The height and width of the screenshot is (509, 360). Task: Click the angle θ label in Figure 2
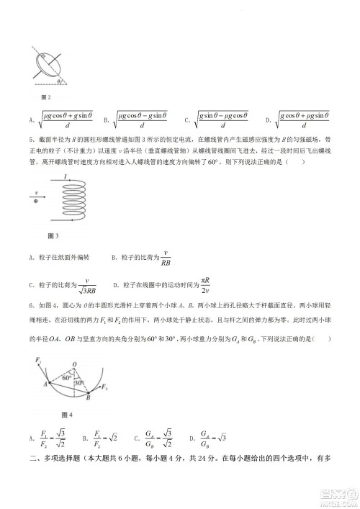[60, 81]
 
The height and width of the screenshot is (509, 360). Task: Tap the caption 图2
[46, 97]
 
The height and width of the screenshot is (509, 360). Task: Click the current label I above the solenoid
[66, 176]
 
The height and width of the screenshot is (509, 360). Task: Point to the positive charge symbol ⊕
[36, 201]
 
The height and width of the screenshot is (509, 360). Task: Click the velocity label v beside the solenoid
[36, 193]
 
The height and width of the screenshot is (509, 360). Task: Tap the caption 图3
[52, 235]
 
